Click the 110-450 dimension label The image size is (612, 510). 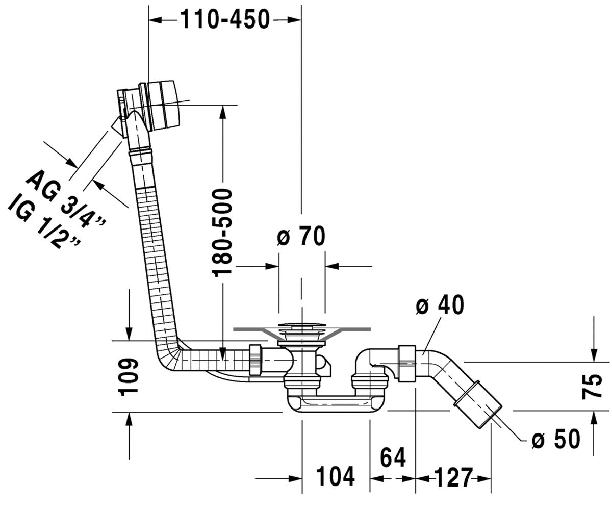click(225, 19)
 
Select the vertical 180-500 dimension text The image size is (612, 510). click(222, 233)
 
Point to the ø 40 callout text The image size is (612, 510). click(440, 304)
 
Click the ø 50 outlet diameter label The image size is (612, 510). click(556, 439)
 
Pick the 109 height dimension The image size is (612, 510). click(128, 377)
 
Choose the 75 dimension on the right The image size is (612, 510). click(592, 386)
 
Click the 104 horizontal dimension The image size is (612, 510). click(335, 476)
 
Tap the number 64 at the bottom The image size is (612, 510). click(393, 457)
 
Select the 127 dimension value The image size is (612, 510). click(453, 477)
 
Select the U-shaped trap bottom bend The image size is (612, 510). click(336, 404)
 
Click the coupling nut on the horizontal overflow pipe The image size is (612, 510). click(256, 360)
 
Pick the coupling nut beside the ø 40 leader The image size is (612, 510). click(407, 364)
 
